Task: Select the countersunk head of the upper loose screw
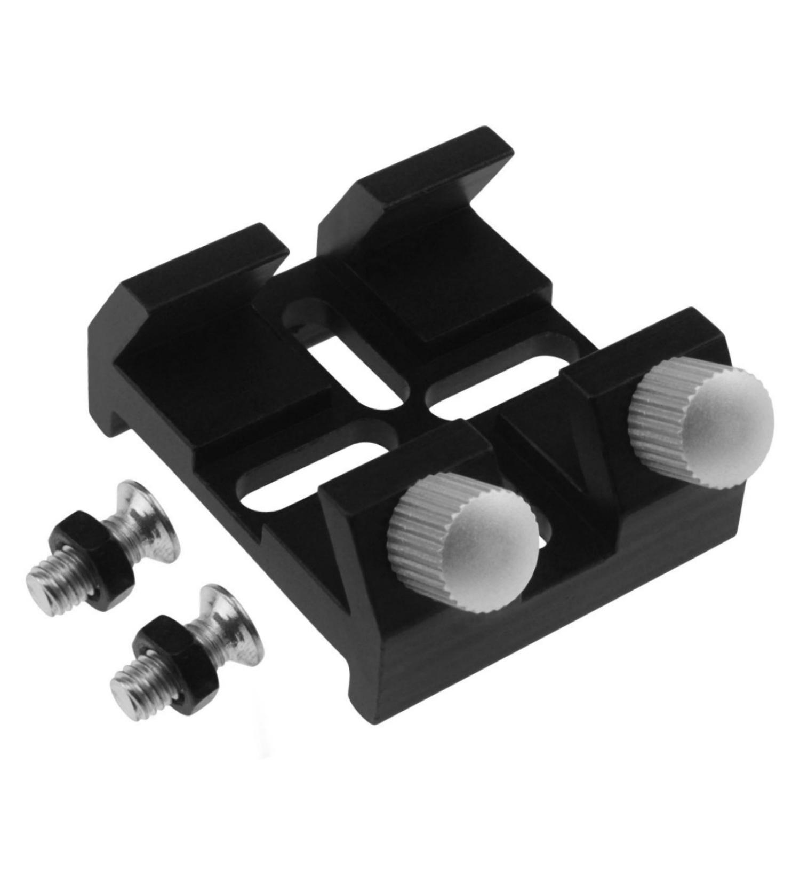coord(147,521)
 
